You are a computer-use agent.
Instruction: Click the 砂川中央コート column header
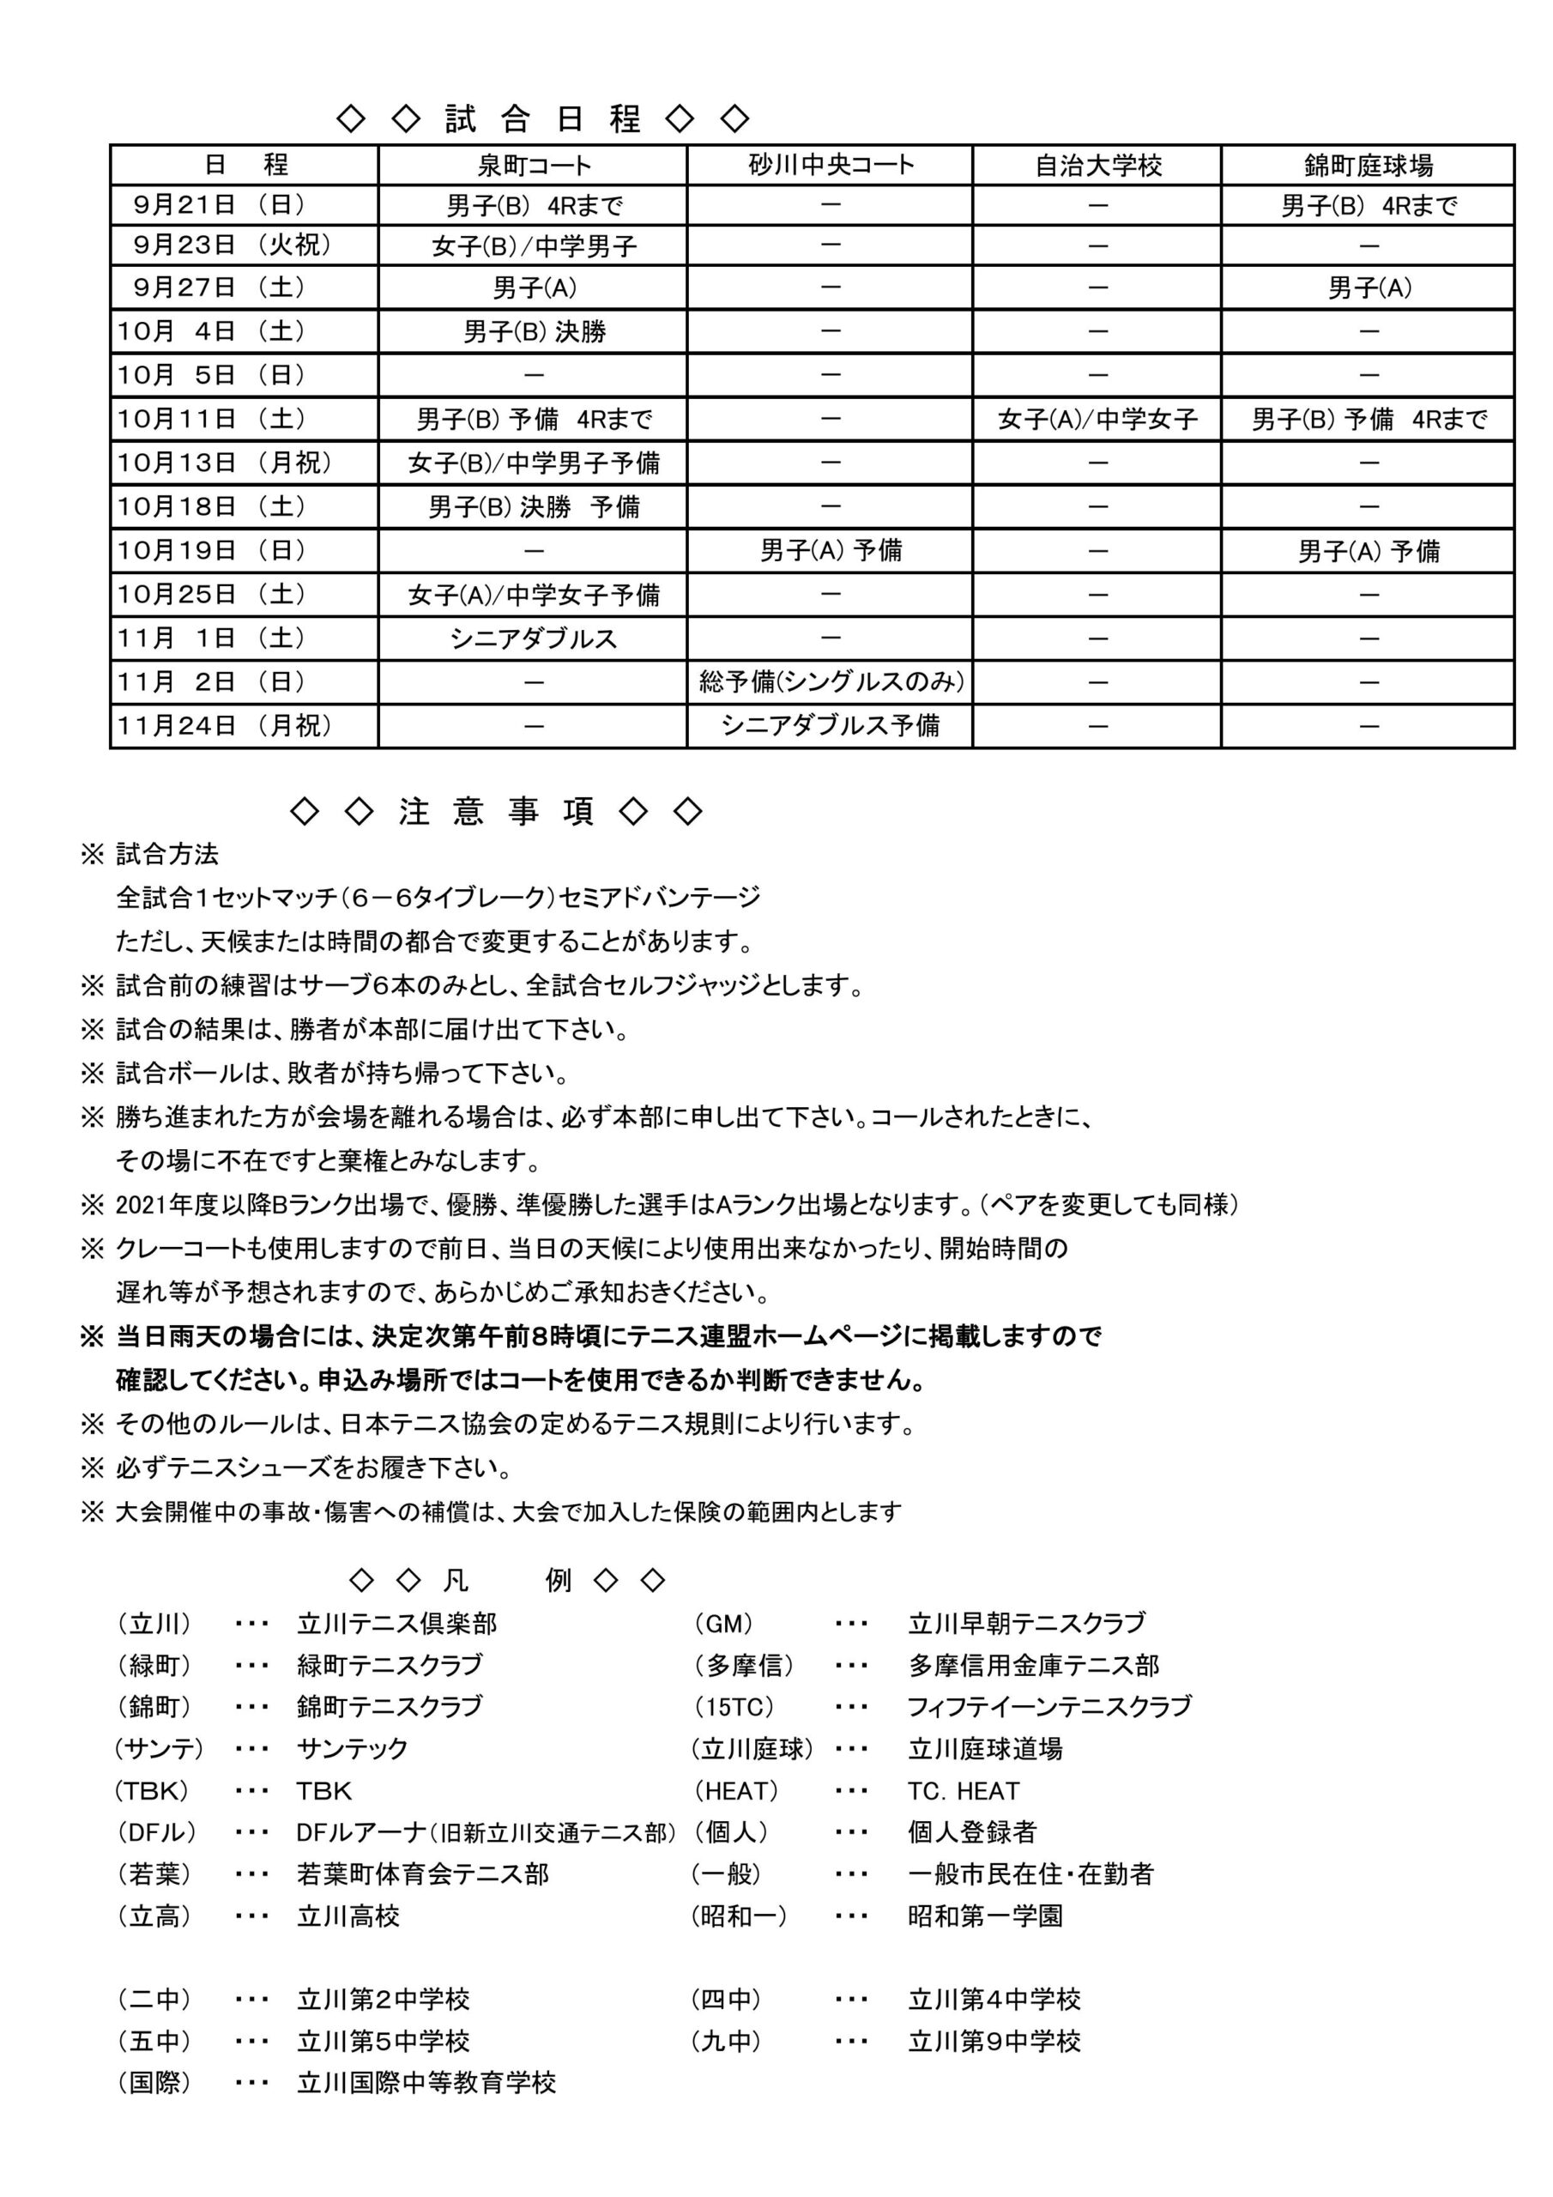(830, 166)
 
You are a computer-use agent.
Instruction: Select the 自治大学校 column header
(1097, 166)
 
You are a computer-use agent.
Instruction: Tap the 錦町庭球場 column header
(1368, 166)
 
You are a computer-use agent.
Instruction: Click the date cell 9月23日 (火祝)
(233, 246)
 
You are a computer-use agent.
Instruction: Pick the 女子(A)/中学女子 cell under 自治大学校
(1097, 419)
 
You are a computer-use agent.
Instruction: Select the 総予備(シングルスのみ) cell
(831, 681)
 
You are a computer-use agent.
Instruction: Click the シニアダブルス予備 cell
(831, 725)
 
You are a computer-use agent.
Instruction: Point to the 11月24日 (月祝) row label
(225, 725)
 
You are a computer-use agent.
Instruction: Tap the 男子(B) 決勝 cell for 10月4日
(534, 332)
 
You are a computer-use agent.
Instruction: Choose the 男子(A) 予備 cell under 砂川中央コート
(831, 550)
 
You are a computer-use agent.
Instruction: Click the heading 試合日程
(542, 118)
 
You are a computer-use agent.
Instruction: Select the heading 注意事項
(496, 812)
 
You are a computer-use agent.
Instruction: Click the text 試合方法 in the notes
(167, 854)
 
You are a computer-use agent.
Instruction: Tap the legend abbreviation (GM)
(723, 1624)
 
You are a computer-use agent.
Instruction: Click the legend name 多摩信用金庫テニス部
(1033, 1666)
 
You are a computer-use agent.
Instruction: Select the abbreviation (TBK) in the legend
(151, 1791)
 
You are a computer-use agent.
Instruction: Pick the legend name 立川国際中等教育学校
(426, 2083)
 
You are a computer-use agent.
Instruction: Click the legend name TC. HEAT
(964, 1791)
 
